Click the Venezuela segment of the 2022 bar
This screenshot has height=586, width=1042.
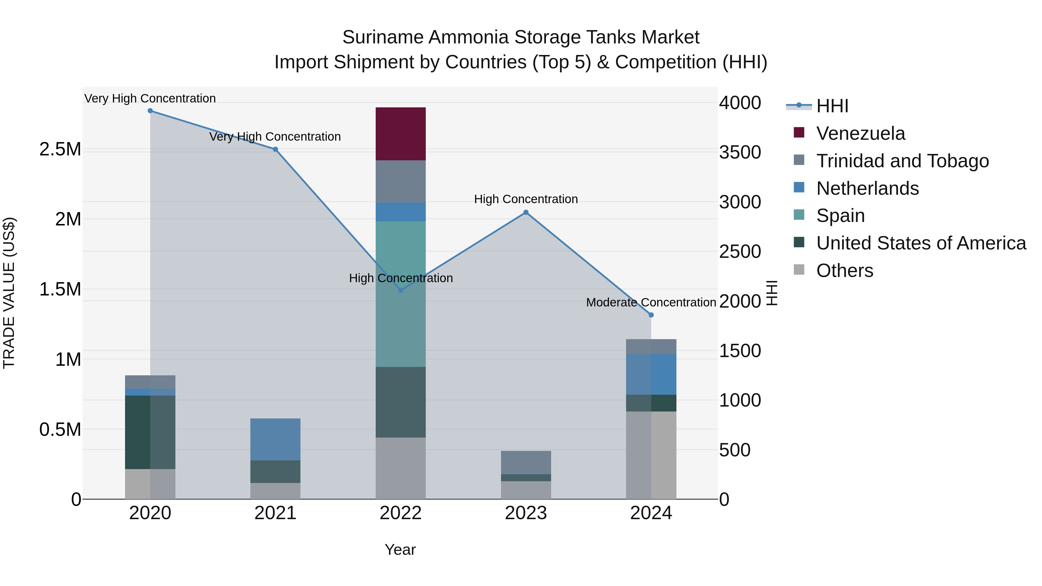[401, 134]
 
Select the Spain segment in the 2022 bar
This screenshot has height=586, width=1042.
[401, 294]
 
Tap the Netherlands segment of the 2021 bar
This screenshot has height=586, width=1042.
[275, 439]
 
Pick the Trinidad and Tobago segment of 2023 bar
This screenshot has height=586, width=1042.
[526, 462]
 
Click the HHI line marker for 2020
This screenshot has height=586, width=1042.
[150, 111]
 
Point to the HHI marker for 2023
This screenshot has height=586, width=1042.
[526, 212]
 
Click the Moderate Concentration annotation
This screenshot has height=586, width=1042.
[651, 302]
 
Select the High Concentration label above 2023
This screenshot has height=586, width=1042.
[526, 199]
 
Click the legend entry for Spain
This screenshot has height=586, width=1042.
[840, 216]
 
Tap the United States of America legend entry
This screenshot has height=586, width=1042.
[921, 243]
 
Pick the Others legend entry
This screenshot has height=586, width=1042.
[844, 271]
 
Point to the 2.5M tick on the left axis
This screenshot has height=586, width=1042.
[60, 149]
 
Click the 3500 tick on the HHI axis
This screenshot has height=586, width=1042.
[740, 153]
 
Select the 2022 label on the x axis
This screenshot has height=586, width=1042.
[401, 513]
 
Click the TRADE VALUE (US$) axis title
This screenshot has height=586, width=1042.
[9, 293]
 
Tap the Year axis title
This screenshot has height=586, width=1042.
[400, 550]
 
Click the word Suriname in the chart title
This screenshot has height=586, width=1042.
[382, 37]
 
